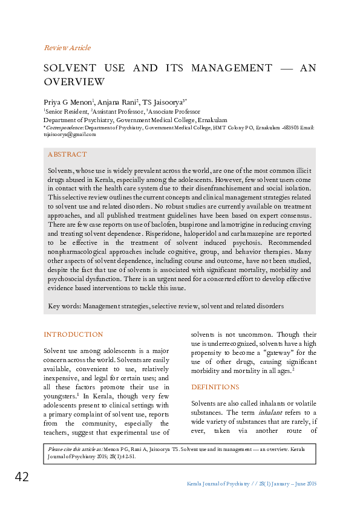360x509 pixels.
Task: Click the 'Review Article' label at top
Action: [67, 48]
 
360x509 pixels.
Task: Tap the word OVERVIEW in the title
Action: [74, 82]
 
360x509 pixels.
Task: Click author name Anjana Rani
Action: [117, 103]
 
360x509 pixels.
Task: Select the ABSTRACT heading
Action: [67, 155]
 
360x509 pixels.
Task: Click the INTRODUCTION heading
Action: [73, 334]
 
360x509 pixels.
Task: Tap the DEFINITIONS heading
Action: [215, 387]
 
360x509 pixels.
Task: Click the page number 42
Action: [22, 478]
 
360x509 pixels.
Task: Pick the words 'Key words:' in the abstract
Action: [64, 306]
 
